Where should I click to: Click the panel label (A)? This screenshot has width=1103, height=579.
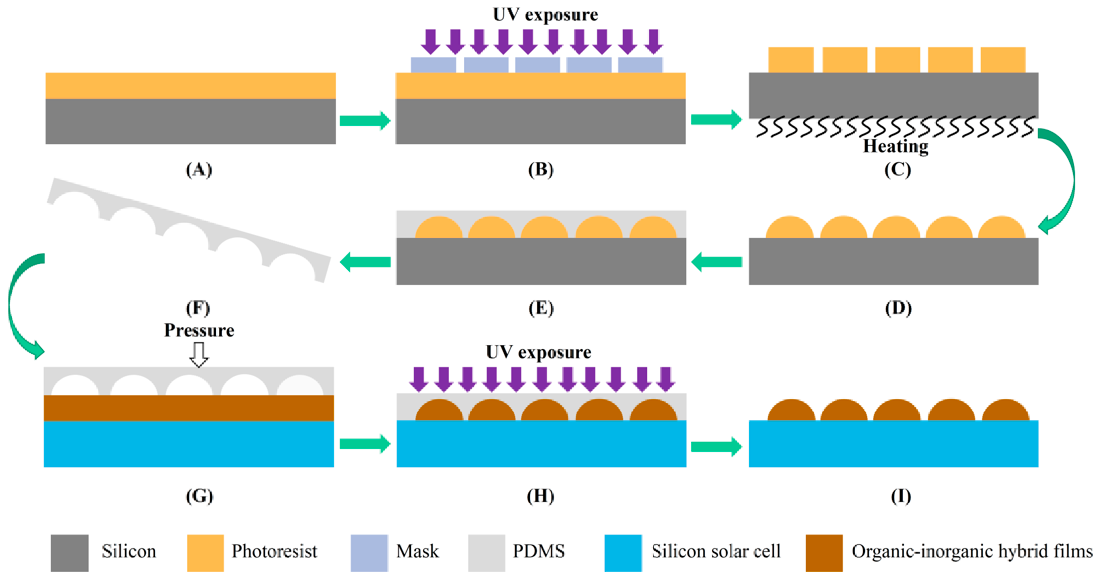pos(199,170)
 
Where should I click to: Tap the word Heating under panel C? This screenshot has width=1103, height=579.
pos(895,147)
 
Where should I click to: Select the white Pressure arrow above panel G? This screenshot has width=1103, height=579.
pos(199,354)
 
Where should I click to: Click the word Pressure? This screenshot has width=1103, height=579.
pos(199,330)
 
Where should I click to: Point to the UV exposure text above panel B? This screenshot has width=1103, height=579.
pos(545,15)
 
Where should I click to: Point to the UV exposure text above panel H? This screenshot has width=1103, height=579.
pos(538,352)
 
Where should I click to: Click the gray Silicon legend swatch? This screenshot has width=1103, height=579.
pos(69,552)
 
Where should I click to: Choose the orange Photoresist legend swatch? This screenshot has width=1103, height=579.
pos(205,552)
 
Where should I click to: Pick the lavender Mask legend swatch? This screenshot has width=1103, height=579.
pos(369,552)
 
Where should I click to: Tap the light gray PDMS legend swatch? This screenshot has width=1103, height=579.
pos(487,552)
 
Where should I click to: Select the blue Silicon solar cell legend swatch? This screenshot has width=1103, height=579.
pos(623,552)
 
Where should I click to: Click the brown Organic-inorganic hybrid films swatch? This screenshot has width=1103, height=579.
pos(824,552)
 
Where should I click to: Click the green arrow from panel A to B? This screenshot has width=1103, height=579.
pos(365,121)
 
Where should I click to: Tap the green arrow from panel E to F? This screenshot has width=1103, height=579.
pos(365,261)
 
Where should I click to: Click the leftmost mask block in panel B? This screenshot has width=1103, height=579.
pos(433,65)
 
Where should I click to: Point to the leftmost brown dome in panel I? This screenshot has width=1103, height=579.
pos(791,411)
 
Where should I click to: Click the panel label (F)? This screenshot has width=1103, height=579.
pos(198,308)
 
